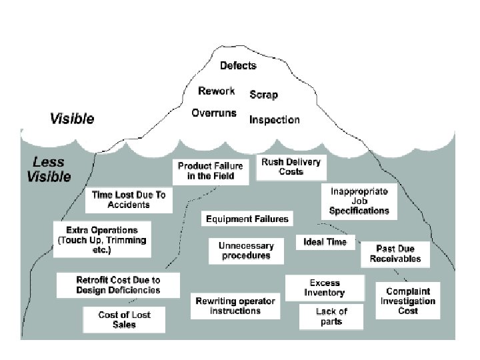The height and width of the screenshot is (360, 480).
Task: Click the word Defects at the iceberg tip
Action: [x=238, y=65]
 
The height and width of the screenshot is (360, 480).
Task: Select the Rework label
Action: [x=217, y=91]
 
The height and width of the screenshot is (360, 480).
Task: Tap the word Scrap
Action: [x=263, y=95]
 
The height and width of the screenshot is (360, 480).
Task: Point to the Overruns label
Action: [x=214, y=113]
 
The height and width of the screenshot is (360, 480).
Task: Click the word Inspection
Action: [x=274, y=120]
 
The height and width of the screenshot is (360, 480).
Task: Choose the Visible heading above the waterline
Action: [x=72, y=119]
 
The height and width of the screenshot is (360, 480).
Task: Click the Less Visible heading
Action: [x=49, y=169]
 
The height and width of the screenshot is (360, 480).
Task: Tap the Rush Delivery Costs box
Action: [x=291, y=167]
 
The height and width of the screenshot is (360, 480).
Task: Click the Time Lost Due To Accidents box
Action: [x=129, y=199]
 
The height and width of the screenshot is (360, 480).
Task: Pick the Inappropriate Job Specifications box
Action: [x=359, y=201]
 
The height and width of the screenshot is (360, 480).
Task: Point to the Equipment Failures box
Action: [x=247, y=219]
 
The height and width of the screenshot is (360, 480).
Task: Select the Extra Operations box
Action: [x=102, y=239]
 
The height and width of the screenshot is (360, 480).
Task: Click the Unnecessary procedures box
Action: [x=245, y=251]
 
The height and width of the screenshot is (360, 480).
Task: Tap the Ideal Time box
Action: [x=325, y=241]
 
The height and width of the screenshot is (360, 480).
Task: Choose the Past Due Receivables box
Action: [x=399, y=254]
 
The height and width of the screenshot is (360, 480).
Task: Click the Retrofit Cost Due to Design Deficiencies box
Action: [x=118, y=285]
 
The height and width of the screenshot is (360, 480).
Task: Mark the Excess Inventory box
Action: [x=325, y=288]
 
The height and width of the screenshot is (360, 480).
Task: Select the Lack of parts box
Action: [x=331, y=316]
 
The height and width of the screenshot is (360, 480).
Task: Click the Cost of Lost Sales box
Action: [x=124, y=319]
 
